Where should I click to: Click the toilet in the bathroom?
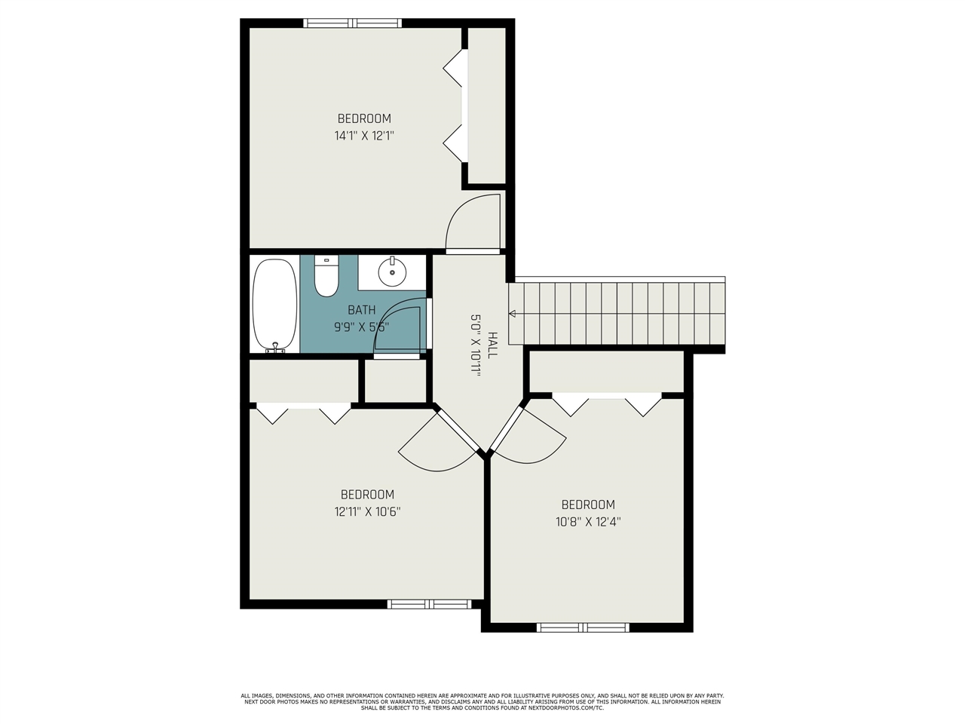326,275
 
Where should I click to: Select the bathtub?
275,305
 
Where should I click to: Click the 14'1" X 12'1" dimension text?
364,136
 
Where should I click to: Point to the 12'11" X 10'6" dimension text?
368,511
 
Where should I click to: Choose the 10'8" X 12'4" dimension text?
588,522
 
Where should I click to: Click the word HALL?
493,345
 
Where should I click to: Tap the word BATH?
362,310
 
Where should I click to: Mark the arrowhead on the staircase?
512,314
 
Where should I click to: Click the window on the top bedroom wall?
352,23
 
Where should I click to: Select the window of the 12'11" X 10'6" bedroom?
429,604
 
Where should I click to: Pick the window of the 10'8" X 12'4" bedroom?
583,627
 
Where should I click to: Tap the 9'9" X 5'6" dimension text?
362,327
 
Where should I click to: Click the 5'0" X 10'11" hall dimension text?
476,345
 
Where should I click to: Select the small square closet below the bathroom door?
395,381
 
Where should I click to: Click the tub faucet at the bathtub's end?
276,348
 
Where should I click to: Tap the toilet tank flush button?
326,260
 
